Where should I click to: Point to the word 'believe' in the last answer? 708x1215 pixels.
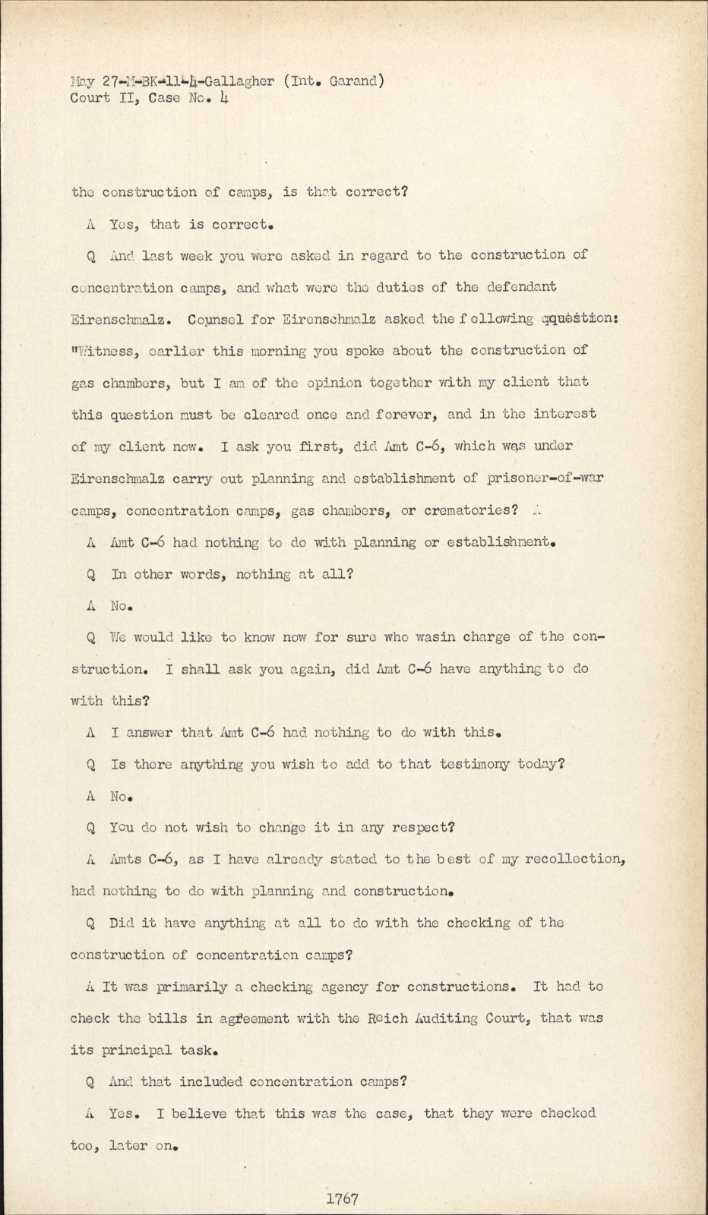[x=200, y=1114]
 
